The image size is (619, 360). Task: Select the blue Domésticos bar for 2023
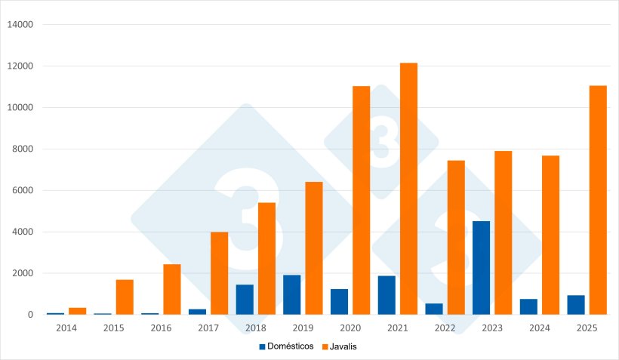(481, 268)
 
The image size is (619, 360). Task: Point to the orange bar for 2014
(77, 311)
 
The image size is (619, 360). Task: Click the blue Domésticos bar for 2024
(528, 306)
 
